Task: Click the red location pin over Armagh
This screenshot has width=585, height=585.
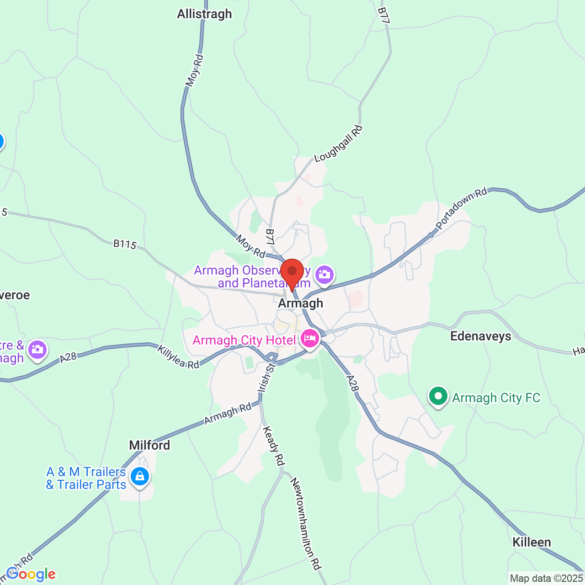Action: coord(292,272)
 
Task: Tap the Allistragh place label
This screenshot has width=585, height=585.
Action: coord(204,14)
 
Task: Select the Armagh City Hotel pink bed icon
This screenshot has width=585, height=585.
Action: coord(310,339)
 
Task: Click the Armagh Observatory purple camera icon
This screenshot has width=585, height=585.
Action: coord(324,274)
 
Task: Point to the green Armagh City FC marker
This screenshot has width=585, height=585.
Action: coord(438,396)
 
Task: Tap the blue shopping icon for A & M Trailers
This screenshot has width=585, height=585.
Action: coord(140,476)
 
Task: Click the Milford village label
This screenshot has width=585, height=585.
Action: coord(149,445)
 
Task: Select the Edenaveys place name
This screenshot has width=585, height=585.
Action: coord(480,336)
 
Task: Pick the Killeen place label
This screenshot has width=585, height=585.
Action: coord(532,542)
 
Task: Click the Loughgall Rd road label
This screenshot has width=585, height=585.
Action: coord(339,144)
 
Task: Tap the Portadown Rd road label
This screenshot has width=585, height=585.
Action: coord(462,209)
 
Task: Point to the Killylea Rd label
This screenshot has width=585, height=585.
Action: coord(178,357)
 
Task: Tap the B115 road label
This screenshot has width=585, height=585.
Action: coord(125,244)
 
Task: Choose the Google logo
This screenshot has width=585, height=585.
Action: coord(31,574)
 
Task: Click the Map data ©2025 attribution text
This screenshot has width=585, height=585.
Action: coord(547,579)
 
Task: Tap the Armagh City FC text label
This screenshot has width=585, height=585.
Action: coord(496,398)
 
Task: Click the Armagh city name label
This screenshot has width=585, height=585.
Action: coord(301,303)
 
